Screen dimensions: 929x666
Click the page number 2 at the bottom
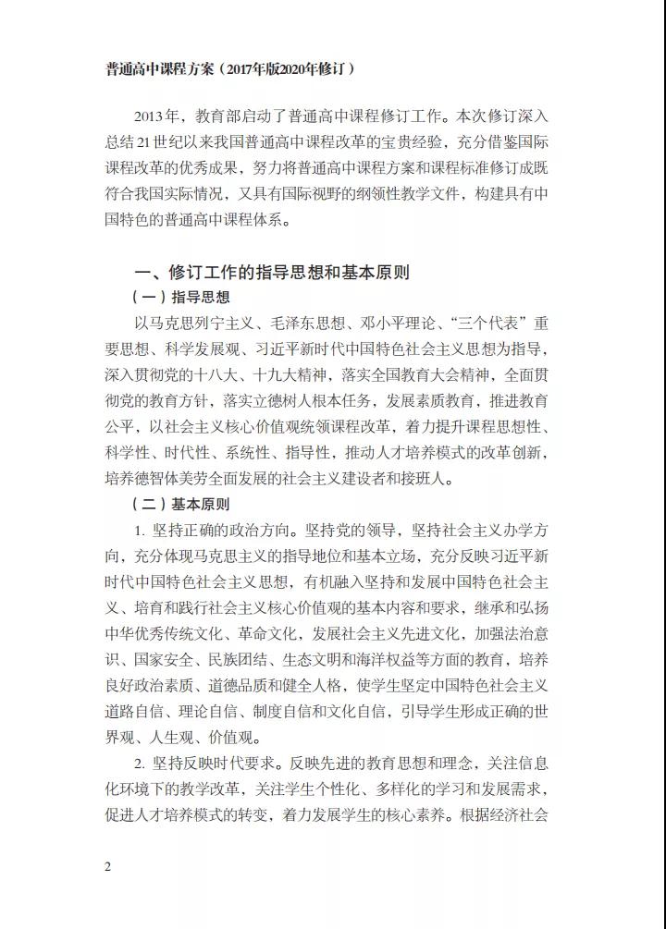click(x=108, y=866)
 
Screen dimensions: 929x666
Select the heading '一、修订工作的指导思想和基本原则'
click(x=272, y=272)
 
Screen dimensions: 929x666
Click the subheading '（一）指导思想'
click(x=181, y=298)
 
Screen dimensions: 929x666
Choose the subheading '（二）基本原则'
click(x=181, y=505)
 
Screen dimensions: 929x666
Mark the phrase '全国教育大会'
click(x=411, y=375)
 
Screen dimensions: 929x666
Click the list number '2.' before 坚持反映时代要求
click(x=139, y=764)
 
